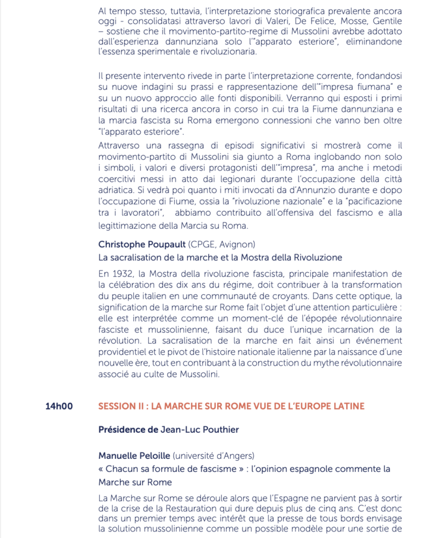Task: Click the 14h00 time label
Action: [59, 407]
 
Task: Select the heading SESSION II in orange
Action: [231, 407]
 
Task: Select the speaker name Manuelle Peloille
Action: [134, 455]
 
